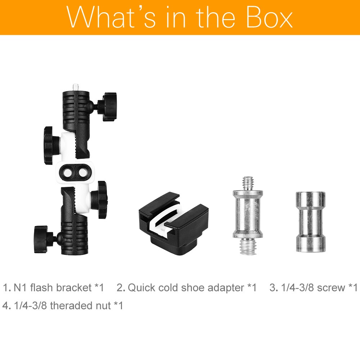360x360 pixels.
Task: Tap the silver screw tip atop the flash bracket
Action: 76,87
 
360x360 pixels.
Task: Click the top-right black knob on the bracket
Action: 108,107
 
